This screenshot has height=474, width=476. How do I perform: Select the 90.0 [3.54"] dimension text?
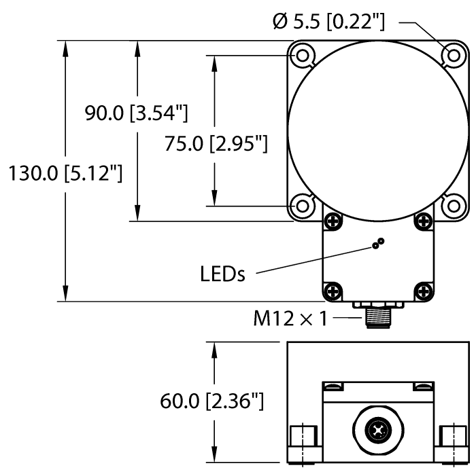click(136, 113)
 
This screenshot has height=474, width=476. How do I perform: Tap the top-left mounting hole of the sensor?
click(301, 54)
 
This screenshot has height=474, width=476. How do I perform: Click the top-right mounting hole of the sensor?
click(452, 54)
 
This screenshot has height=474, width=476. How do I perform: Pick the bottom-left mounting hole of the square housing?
click(301, 204)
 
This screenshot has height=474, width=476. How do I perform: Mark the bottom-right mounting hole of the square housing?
click(452, 204)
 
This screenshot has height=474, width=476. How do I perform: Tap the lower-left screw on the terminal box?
click(332, 291)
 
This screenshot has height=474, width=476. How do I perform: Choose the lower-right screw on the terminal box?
click(422, 291)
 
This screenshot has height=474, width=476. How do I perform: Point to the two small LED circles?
click(377, 244)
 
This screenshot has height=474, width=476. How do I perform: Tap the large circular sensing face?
click(377, 129)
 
